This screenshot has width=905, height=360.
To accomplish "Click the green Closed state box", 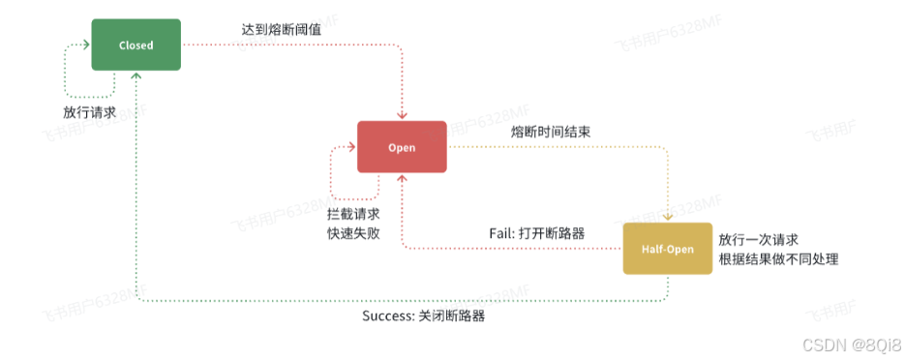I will [x=136, y=45].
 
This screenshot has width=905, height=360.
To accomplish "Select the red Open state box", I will [x=402, y=147].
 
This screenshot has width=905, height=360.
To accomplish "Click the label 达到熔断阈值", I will [x=280, y=30].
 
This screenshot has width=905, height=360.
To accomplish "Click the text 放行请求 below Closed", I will [x=89, y=112].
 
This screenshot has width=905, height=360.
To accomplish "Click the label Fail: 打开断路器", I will [x=537, y=233].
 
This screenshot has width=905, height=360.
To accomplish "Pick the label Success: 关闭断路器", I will [x=424, y=315].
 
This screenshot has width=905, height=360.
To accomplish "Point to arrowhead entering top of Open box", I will [x=402, y=115].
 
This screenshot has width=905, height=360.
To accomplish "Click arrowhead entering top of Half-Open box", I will [x=667, y=217].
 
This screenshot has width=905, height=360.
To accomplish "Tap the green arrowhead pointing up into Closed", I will [x=136, y=76].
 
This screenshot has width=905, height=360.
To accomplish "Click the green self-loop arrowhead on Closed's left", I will [x=86, y=44].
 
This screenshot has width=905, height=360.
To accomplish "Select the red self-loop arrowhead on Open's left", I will [x=351, y=146].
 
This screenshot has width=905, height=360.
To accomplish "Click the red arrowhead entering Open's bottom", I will [x=402, y=179].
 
